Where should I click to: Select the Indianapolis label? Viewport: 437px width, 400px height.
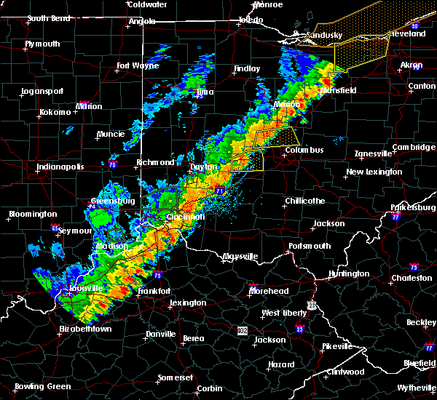tap(60, 167)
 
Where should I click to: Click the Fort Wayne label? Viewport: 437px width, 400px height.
tap(137, 66)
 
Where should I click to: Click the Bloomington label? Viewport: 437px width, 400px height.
tap(32, 214)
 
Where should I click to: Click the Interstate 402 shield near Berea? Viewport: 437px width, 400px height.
tap(241, 330)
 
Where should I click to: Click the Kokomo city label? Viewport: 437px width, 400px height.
tap(55, 112)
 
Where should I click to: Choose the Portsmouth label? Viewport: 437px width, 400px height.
tap(310, 246)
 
